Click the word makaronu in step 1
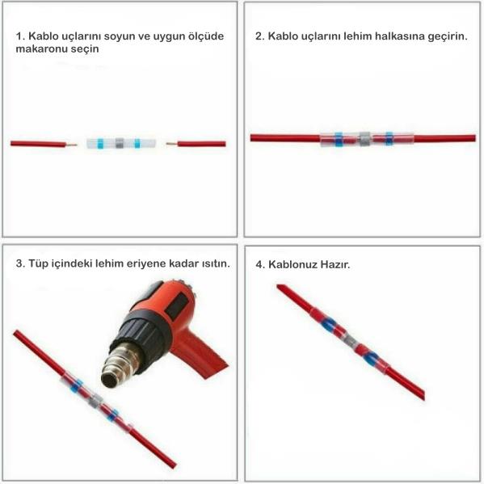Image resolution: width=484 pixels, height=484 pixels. point(40,48)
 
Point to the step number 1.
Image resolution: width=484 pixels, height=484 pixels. point(20,36)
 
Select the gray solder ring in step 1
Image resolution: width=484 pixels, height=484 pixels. point(120,143)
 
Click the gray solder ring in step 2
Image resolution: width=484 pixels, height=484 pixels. point(364,139)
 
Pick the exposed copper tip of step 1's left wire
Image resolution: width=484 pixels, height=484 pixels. point(71,145)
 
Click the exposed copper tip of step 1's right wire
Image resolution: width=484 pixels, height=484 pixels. point(171,144)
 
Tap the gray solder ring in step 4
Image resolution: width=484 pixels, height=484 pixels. point(350,341)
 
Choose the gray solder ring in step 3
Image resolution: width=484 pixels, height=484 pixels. point(95,400)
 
